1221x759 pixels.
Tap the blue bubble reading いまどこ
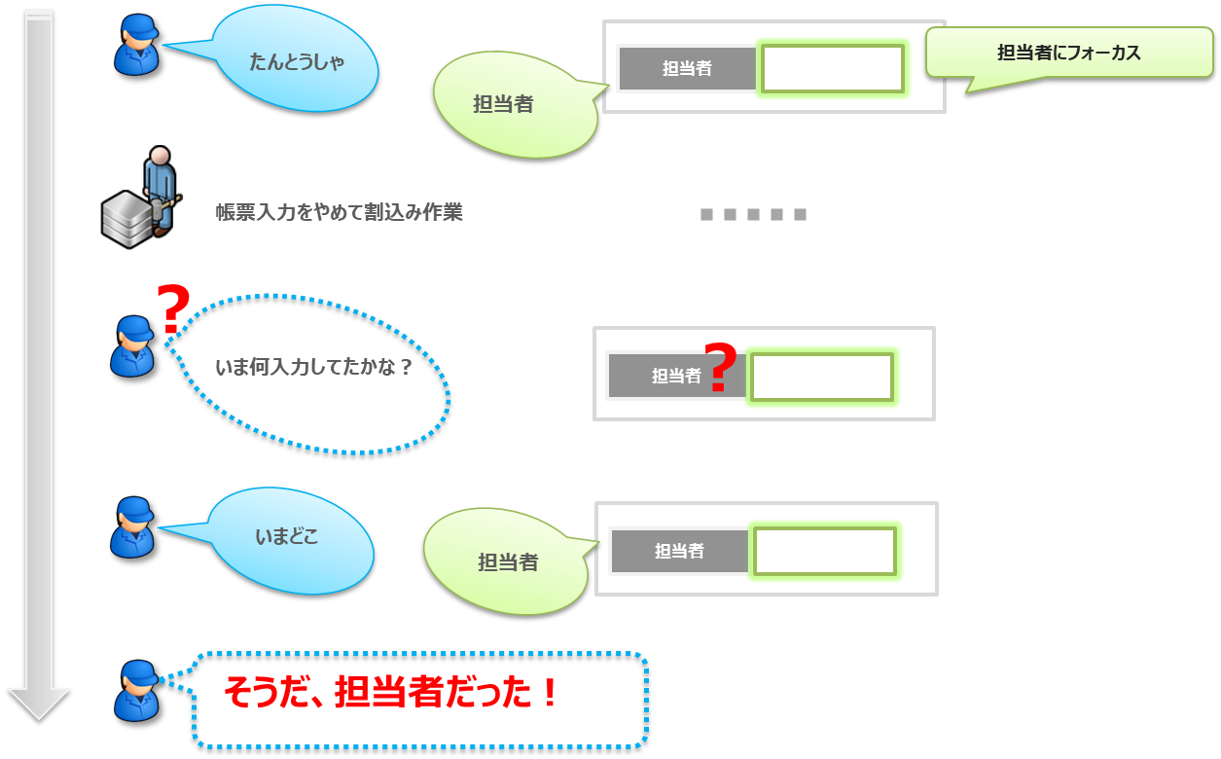290,538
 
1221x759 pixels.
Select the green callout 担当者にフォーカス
1068,54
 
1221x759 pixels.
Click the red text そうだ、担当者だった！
392,693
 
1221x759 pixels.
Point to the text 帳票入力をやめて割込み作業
339,212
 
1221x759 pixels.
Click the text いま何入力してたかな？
313,368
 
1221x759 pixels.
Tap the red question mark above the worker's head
173,308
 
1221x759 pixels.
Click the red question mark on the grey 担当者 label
719,369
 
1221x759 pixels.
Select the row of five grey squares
753,214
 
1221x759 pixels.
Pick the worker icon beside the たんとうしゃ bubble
135,46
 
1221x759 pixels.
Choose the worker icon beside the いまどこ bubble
132,527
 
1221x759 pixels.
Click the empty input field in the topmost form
833,68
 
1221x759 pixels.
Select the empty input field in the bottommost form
825,551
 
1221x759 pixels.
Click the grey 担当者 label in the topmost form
687,68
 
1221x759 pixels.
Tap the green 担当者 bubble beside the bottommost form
506,561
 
